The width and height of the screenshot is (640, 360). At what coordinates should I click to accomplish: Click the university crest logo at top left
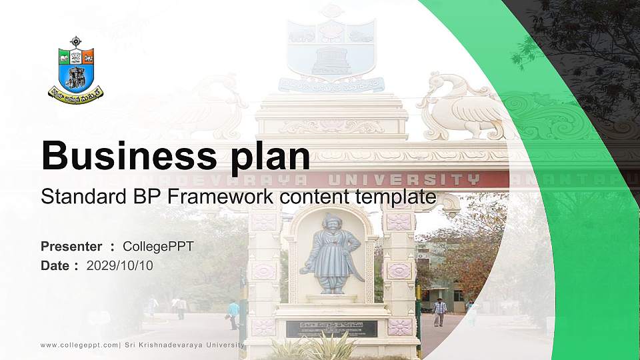pos(75,71)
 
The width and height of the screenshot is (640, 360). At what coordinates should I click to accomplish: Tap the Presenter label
pos(71,247)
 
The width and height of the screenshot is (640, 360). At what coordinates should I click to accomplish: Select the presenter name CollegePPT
pos(158,247)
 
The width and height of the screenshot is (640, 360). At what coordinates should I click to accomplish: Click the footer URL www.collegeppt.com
pos(79,345)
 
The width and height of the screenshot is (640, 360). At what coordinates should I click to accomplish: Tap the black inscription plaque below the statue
pos(331,328)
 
